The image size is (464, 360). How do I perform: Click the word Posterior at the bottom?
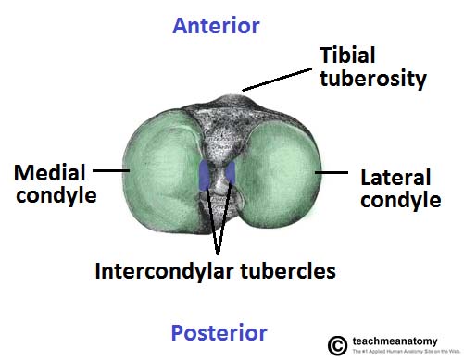[x=219, y=333]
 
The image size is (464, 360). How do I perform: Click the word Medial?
[x=50, y=173]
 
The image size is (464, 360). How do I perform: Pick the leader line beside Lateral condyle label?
[x=330, y=171]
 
